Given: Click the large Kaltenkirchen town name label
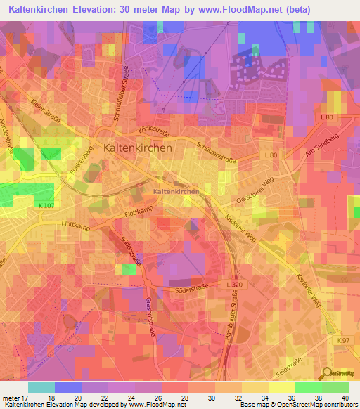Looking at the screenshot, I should [x=137, y=148].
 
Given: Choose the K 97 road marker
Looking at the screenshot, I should [x=342, y=341].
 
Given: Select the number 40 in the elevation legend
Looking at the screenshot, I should [x=335, y=398].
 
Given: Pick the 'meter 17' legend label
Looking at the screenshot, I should [x=15, y=398].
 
